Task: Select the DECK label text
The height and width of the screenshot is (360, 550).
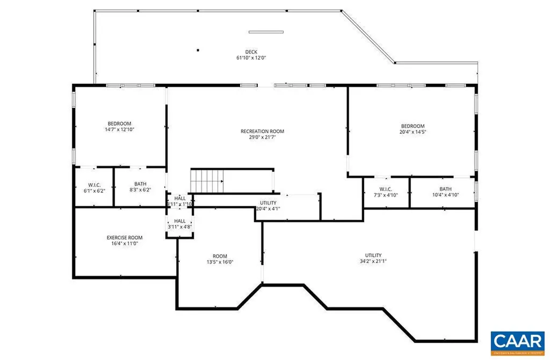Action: point(251,52)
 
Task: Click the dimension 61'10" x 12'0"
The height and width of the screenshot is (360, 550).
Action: point(251,58)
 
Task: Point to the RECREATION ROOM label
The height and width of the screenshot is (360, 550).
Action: point(262,131)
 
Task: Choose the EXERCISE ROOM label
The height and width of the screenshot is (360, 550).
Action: point(124,237)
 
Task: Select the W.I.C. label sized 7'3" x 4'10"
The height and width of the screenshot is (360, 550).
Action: point(385,189)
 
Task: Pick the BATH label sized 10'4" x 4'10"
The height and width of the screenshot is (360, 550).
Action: point(445,189)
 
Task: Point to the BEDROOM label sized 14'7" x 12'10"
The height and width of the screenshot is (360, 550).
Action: point(119,124)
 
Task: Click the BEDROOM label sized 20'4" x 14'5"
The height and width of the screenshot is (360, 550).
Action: point(412,126)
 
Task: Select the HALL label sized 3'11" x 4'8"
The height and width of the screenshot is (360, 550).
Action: point(179,221)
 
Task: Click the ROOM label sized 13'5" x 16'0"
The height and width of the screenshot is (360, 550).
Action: point(220,256)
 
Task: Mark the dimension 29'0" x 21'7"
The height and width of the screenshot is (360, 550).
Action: point(262,137)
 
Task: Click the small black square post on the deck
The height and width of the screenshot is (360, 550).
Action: point(198,51)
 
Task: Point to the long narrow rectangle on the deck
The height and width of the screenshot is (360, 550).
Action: point(265,32)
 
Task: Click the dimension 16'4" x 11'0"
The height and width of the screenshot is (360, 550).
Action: point(124,243)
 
